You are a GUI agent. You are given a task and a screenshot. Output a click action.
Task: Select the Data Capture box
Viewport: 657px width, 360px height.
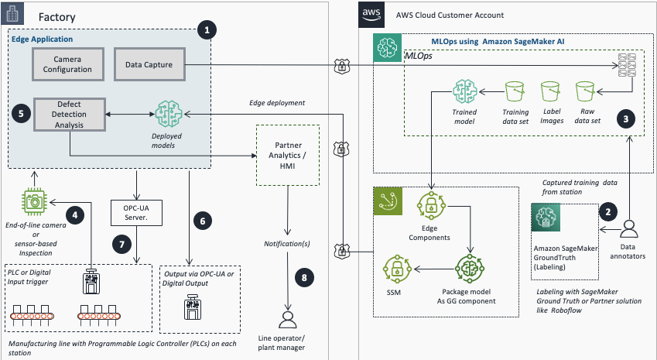pos(149,63)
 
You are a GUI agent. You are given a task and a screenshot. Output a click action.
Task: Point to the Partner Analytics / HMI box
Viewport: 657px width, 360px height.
pos(288,153)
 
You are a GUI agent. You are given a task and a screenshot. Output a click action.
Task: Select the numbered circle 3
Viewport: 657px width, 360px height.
pos(625,119)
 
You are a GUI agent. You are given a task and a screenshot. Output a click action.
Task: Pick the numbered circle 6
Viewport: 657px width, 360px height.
pos(203,220)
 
